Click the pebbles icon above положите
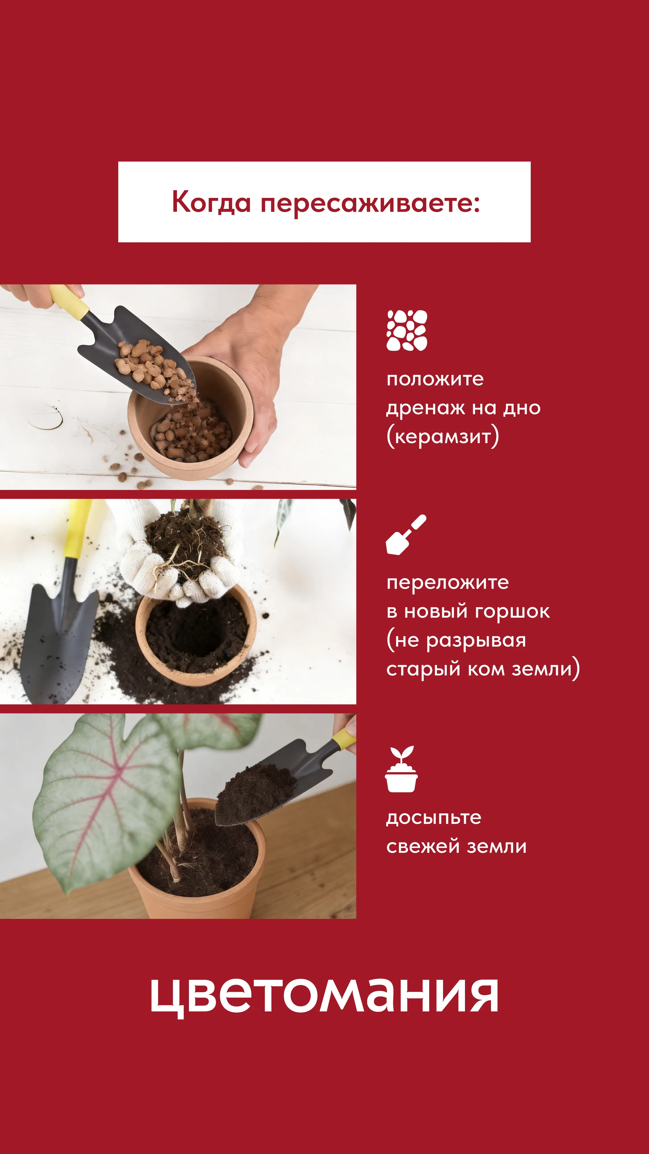point(407,330)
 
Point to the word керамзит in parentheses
point(442,437)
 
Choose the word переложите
point(447,582)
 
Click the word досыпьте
point(434,818)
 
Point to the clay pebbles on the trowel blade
point(148,363)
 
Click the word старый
point(423,669)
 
